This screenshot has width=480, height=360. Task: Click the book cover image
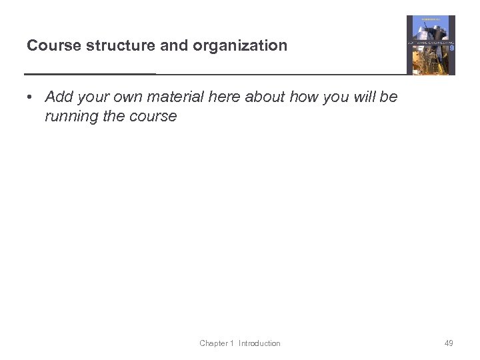[x=431, y=45]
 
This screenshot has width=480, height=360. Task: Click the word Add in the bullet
[x=59, y=97]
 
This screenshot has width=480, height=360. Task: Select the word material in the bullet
[x=175, y=97]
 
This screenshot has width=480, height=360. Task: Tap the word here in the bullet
[x=223, y=97]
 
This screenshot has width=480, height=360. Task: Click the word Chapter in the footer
[x=214, y=343]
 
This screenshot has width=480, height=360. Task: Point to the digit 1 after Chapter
[x=232, y=343]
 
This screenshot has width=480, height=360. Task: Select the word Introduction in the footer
[x=260, y=343]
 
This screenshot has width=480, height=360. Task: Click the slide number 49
[x=449, y=343]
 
